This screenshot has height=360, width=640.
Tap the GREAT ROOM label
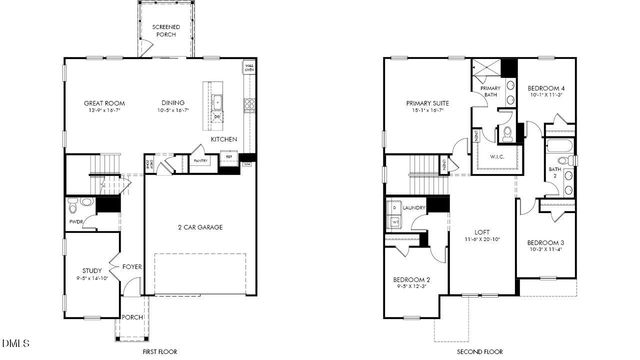[103, 102]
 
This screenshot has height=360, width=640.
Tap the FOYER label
[131, 266]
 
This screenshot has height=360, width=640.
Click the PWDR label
[75, 222]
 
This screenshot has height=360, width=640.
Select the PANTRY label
[199, 159]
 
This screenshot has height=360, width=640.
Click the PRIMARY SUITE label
[426, 102]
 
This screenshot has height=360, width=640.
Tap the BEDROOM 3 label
[545, 243]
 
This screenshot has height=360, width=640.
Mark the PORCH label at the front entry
[132, 318]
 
